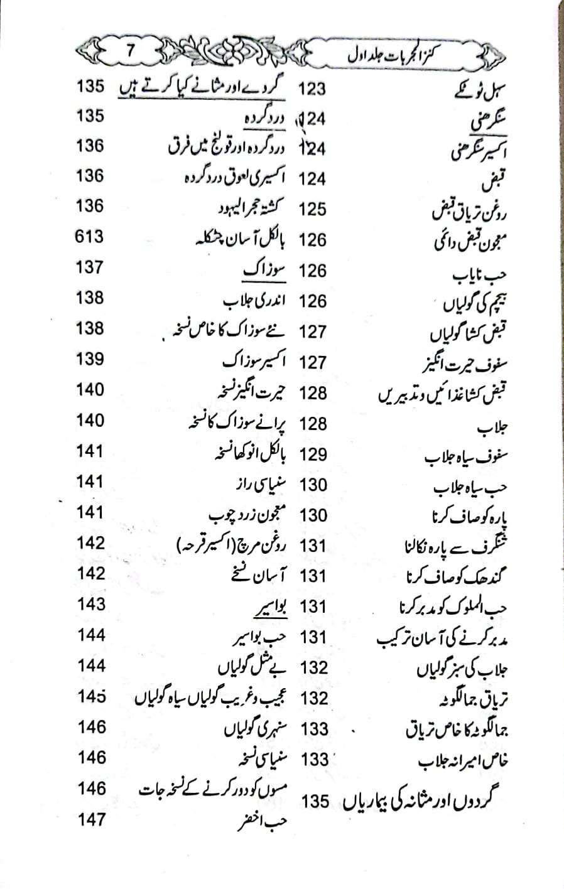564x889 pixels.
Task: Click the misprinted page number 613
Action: click(x=89, y=237)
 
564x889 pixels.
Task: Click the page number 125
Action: click(x=312, y=209)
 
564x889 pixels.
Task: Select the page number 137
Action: click(x=89, y=267)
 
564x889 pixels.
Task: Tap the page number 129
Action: click(x=313, y=454)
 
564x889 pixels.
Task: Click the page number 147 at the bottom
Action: click(x=91, y=819)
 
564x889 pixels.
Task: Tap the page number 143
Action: click(x=90, y=604)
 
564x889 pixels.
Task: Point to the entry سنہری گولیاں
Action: click(x=256, y=730)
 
